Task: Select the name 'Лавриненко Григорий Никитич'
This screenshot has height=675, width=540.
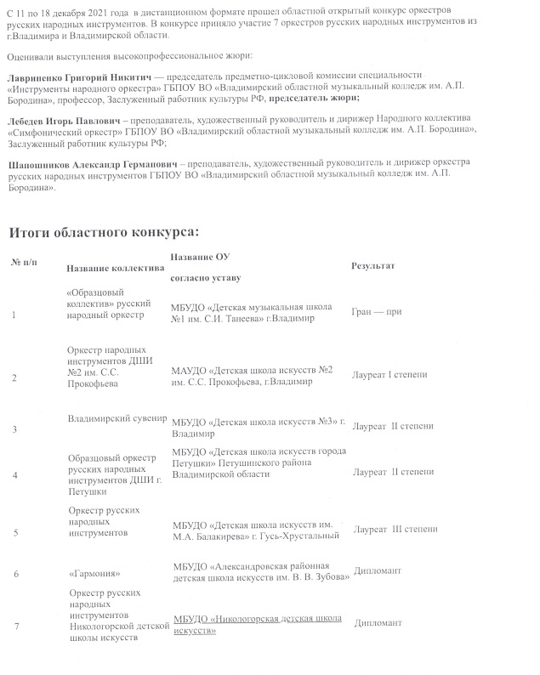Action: pyautogui.click(x=84, y=77)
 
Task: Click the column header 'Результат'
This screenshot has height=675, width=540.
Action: pyautogui.click(x=372, y=266)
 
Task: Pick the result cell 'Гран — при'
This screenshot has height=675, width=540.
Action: pyautogui.click(x=376, y=312)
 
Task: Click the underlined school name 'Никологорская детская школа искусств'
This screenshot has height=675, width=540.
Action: pyautogui.click(x=258, y=623)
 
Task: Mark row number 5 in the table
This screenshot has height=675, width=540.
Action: pyautogui.click(x=15, y=532)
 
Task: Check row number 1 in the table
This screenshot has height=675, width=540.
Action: pyautogui.click(x=14, y=315)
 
